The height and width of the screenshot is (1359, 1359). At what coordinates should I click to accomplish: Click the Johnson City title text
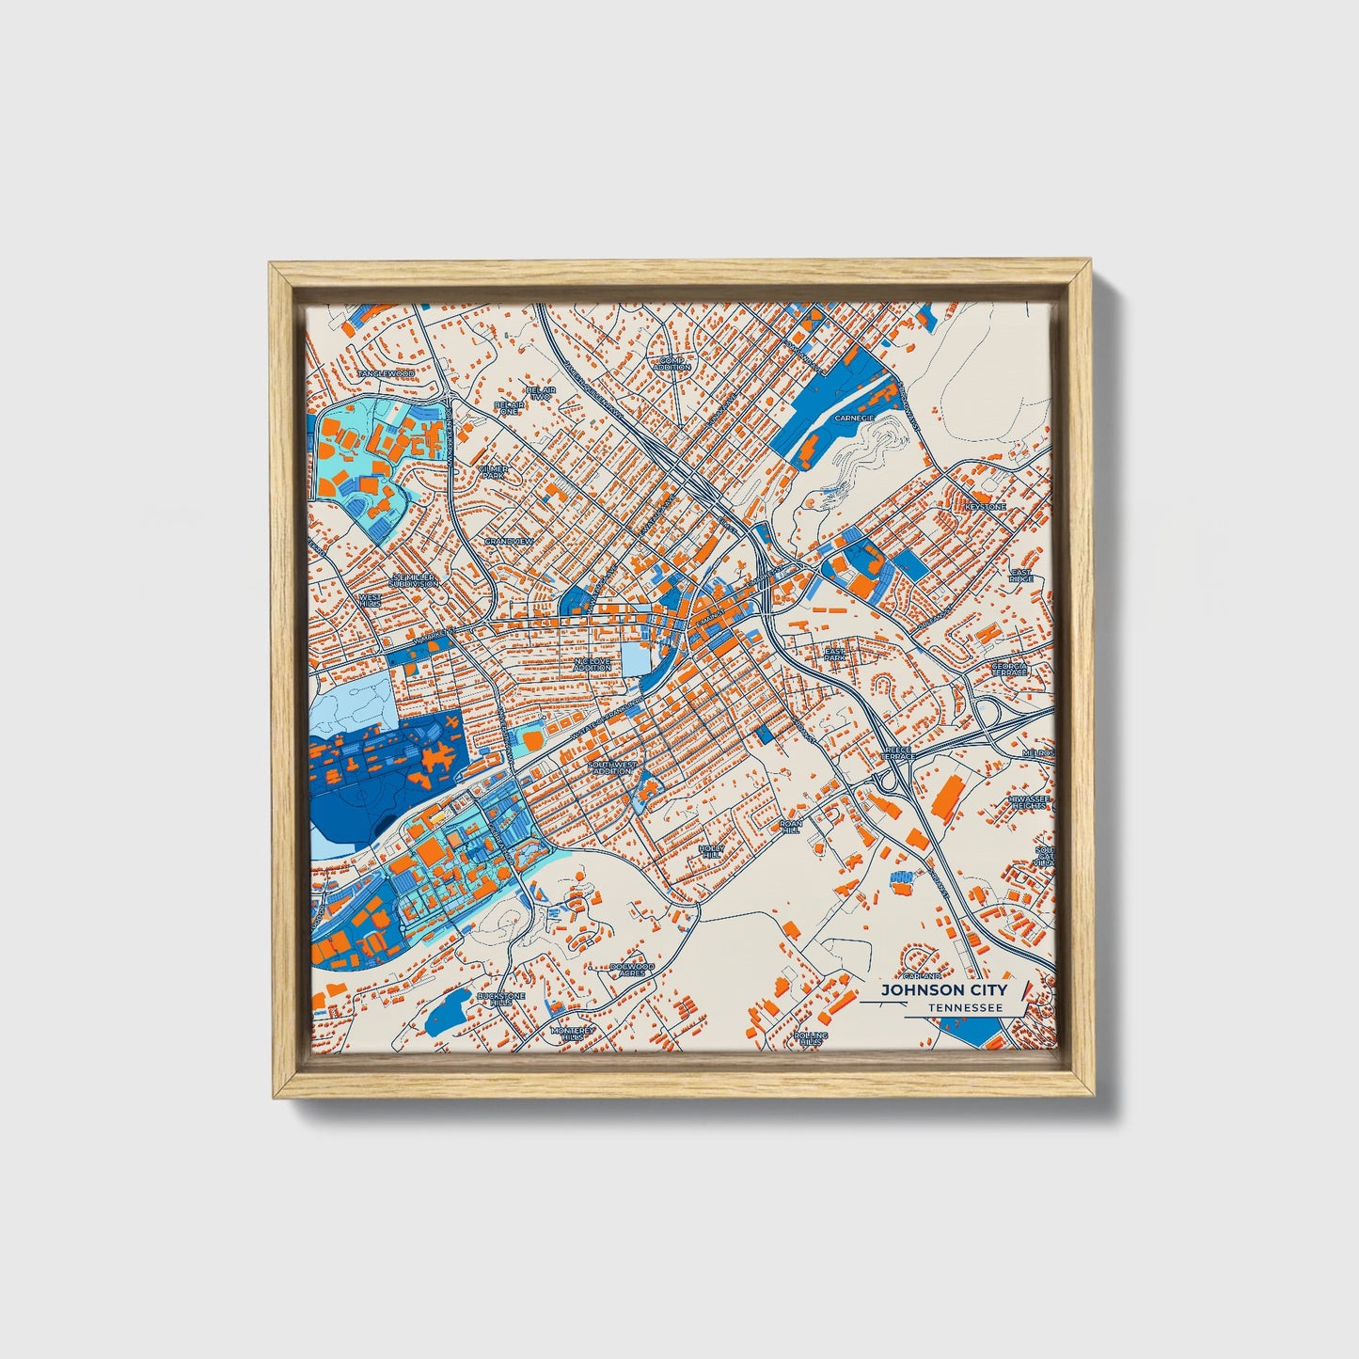(x=943, y=990)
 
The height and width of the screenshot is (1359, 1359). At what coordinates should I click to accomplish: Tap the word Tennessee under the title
(x=963, y=1007)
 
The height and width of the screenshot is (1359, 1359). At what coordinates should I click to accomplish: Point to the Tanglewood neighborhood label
(x=386, y=373)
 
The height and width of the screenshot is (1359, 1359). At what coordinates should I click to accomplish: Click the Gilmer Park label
(x=493, y=471)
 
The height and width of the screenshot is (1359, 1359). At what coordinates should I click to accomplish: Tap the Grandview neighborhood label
(x=509, y=542)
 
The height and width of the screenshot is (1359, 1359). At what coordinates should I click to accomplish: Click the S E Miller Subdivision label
(x=414, y=579)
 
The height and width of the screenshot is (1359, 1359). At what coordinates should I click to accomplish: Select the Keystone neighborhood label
(x=985, y=507)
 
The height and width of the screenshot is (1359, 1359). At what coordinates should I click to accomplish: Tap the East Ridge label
(x=1020, y=576)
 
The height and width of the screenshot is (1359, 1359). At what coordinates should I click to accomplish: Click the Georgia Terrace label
(x=1010, y=670)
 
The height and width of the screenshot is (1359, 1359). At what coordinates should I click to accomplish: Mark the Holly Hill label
(x=711, y=850)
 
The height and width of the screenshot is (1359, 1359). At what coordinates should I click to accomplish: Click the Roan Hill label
(x=790, y=826)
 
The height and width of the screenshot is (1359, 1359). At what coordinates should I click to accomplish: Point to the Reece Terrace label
(x=898, y=754)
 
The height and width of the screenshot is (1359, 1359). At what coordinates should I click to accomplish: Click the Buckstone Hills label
(x=495, y=999)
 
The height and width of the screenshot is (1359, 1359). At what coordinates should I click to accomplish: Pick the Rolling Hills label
(x=811, y=1038)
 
